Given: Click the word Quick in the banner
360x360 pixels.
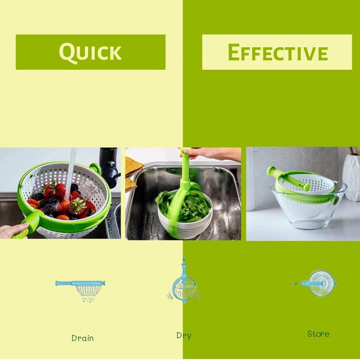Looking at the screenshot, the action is tap(90, 52).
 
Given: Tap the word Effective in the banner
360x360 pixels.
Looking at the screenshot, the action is tap(278, 52).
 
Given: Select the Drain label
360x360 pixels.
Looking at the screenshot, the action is tap(82, 338).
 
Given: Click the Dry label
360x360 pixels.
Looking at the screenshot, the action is tap(184, 336).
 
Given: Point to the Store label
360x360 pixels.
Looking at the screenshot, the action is tap(318, 334).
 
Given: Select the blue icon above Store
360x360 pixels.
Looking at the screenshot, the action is tap(318, 283).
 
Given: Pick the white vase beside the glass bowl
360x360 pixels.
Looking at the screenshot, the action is tap(351, 177).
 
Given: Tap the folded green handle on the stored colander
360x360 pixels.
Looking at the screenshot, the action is tap(288, 178).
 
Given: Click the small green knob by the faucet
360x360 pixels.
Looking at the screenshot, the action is tap(95, 167).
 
